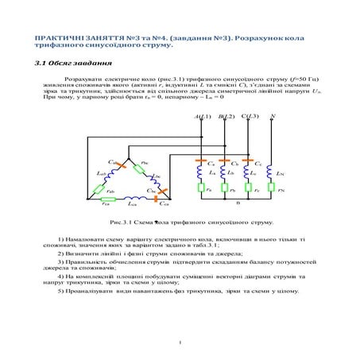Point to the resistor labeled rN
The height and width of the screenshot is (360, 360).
point(272,188)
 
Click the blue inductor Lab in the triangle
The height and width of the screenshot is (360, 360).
point(107,172)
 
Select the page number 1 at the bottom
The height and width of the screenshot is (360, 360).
point(180,343)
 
